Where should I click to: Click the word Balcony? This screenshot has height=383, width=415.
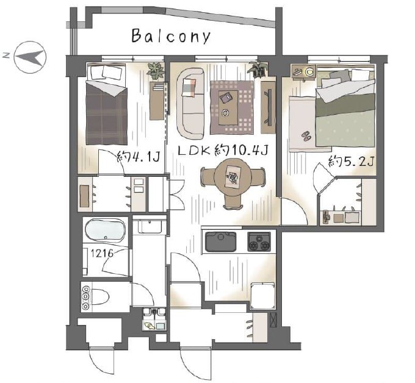click(x=171, y=36)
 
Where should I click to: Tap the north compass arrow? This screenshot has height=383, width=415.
click(x=29, y=57)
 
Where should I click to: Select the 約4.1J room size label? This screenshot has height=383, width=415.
click(x=138, y=157)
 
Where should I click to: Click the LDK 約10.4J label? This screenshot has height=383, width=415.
click(x=223, y=151)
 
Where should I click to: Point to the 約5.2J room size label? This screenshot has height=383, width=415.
click(x=351, y=161)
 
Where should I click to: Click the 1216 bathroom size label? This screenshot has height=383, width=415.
click(x=102, y=254)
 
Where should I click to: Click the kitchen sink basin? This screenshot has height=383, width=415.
click(x=221, y=242)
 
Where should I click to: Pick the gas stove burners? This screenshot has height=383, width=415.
click(x=259, y=242)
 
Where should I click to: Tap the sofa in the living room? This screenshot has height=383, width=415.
click(x=190, y=103)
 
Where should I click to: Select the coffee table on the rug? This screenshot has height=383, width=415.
click(x=228, y=107)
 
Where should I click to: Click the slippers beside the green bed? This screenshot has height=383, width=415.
click(x=306, y=135)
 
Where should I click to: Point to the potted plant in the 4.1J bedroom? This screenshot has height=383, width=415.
click(x=156, y=70)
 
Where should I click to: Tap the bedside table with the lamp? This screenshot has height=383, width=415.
click(x=304, y=71)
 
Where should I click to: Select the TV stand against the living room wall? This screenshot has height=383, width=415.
click(x=268, y=107)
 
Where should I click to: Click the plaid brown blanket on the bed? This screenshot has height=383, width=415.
click(x=106, y=114)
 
